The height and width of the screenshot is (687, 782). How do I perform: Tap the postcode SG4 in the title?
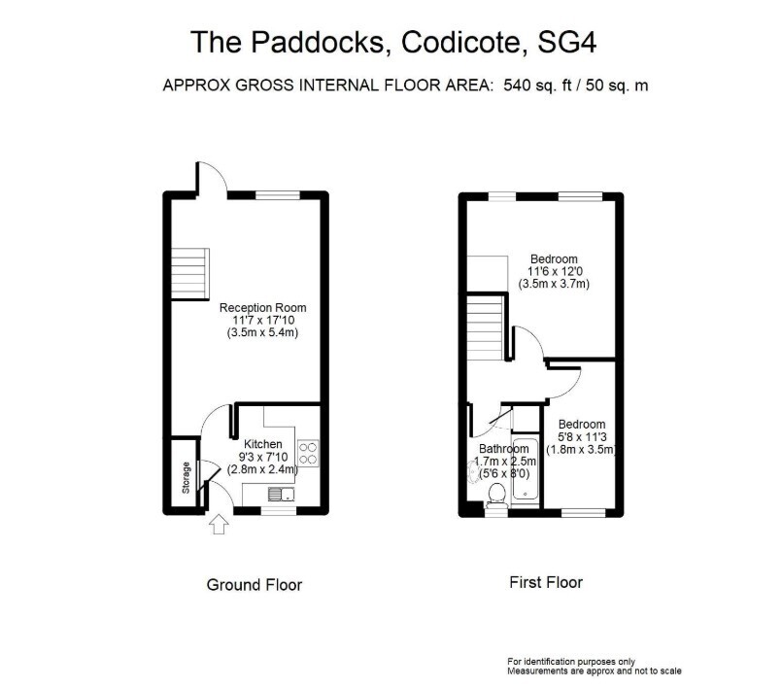click(x=567, y=42)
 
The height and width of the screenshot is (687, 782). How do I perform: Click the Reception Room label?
click(x=263, y=308)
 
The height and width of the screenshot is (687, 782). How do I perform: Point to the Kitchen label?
click(x=263, y=444)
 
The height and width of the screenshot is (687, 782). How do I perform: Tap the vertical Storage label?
click(x=186, y=477)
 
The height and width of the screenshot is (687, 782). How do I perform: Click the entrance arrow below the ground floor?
click(x=219, y=525)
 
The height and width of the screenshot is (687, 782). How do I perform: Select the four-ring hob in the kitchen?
click(x=308, y=453)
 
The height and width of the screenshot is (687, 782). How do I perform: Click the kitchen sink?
click(x=282, y=494)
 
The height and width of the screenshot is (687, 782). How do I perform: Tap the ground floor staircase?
click(x=190, y=274)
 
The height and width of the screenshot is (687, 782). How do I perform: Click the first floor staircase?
click(x=485, y=326)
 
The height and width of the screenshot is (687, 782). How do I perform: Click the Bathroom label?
click(x=504, y=449)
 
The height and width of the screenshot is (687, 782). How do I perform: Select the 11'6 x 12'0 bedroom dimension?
click(x=555, y=272)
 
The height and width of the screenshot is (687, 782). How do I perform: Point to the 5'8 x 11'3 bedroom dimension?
click(x=583, y=437)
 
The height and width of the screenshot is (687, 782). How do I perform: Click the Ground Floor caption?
click(x=255, y=585)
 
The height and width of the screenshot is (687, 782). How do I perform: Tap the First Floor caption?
click(x=546, y=582)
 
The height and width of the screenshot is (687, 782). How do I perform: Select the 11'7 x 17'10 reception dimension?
click(x=263, y=321)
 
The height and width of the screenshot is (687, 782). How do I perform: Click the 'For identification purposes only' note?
click(x=571, y=662)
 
